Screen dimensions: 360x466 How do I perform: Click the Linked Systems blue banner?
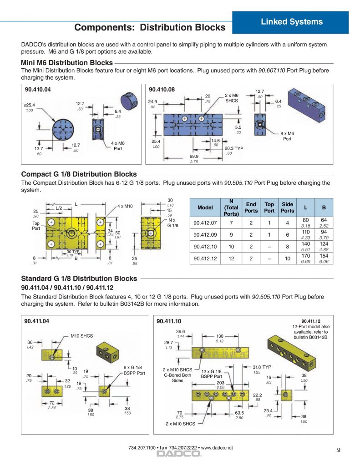coord(290,22)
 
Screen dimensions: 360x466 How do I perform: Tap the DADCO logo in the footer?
coord(179,454)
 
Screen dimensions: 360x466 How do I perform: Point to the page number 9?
coord(339,450)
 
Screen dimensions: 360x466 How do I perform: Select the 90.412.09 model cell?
coord(205,234)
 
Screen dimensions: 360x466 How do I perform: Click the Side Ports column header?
coord(288,208)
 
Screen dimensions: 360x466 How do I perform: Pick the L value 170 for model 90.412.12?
coord(305,256)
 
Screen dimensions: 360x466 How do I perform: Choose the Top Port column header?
coord(269,208)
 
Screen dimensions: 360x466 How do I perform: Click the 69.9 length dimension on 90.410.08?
coord(194,157)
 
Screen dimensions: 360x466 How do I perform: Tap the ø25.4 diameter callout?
coord(29,105)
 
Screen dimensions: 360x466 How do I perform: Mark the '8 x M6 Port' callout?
coord(287,136)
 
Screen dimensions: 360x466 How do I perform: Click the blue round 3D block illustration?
coord(129,101)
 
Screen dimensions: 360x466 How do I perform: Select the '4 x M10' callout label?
coord(125,206)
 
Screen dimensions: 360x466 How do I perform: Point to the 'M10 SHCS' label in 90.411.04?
coord(82,336)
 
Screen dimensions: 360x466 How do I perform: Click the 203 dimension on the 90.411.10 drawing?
coord(220,383)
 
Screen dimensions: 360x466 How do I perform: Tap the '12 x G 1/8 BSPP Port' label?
coord(211,374)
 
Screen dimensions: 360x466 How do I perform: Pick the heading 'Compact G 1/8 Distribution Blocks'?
coord(79,174)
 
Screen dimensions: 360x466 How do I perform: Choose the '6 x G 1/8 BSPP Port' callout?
coord(134,370)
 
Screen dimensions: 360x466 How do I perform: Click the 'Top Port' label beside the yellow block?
coord(36,226)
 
